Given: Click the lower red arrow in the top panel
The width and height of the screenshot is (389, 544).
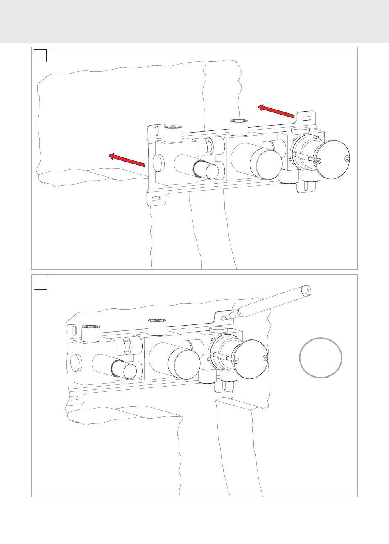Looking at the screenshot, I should [127, 160].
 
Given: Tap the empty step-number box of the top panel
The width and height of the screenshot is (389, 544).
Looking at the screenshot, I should [40, 56].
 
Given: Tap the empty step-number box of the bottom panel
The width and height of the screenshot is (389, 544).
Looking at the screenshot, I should [40, 283].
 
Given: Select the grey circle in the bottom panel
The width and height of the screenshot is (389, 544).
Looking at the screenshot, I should [321, 357].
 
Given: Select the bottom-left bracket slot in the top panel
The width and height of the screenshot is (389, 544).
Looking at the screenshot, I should [156, 199].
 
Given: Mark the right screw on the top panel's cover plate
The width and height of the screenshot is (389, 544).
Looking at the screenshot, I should [347, 159].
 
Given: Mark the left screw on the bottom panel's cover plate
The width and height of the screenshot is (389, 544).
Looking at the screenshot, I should [237, 360].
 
